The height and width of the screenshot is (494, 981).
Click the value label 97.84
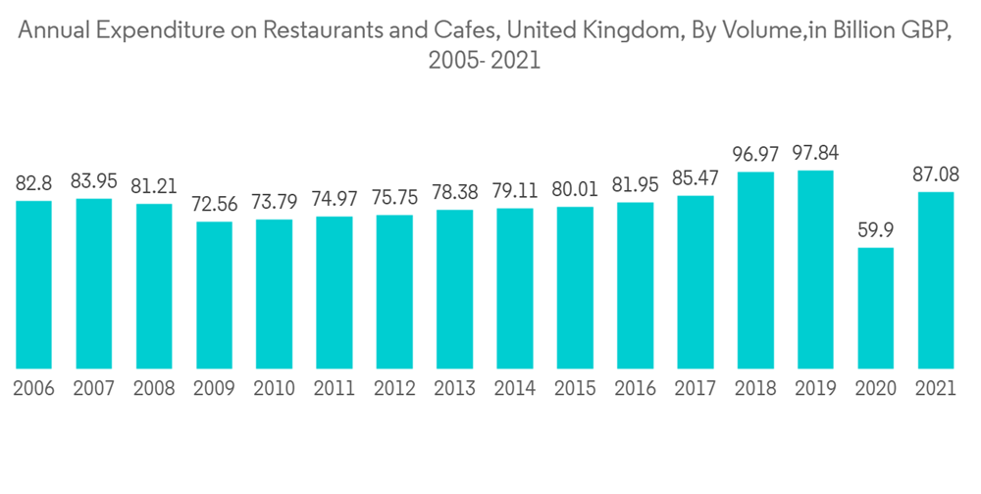point(815,154)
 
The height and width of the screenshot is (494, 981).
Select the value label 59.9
point(876,230)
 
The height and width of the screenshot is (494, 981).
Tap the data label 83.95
point(93,181)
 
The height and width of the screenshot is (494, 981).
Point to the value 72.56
point(214,205)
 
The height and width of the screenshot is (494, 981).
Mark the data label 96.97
point(755,155)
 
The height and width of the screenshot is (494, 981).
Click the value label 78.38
point(454,193)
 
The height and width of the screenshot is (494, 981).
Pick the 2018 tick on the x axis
point(755,389)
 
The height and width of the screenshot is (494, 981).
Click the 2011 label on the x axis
point(335,389)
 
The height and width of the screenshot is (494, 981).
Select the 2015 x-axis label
point(575,389)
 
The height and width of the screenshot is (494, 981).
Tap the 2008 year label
point(154,389)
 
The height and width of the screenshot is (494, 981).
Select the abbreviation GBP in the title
point(922,31)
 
